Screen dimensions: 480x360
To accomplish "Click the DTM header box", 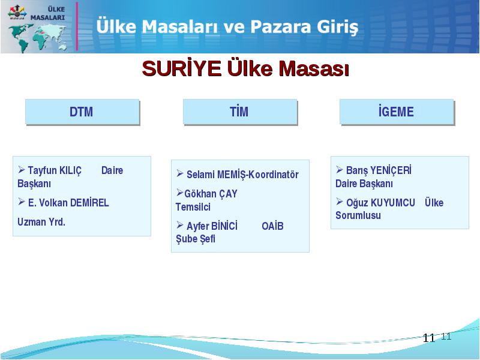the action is tap(82, 112).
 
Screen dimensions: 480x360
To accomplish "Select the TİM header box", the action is tap(241, 112).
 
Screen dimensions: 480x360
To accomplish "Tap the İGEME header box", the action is tap(397, 112).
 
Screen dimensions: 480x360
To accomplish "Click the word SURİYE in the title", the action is tap(182, 68).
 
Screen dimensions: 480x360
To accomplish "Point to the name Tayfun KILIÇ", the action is tap(55, 170).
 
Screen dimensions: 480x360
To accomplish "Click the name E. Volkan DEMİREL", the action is tap(68, 203).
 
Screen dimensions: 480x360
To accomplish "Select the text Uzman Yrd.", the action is tap(41, 222).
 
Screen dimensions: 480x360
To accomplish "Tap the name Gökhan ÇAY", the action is tap(211, 194).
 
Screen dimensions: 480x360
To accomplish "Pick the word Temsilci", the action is tap(193, 207).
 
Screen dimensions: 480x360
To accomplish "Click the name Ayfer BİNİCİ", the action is tap(212, 226).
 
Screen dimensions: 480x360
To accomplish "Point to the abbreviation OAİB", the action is tap(273, 226).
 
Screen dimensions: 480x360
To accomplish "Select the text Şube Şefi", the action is tap(196, 239).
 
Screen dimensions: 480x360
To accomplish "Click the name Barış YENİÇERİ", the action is tap(379, 170).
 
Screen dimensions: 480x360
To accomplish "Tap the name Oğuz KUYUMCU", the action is tap(380, 203).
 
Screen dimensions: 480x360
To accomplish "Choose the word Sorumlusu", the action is tap(358, 215).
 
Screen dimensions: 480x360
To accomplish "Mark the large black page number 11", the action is tap(429, 338).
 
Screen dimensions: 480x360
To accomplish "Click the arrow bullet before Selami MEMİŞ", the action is tap(179, 173).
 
